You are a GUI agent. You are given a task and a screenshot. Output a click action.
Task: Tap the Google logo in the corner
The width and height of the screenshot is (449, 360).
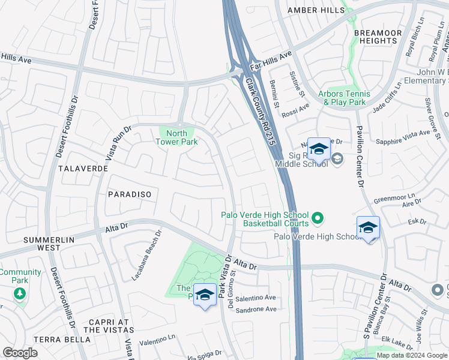pyautogui.click(x=20, y=353)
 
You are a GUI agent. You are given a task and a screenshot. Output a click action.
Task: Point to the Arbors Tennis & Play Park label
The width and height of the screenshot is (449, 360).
pyautogui.click(x=342, y=98)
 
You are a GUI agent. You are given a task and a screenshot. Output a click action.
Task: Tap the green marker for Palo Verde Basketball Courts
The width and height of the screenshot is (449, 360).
pyautogui.click(x=318, y=216)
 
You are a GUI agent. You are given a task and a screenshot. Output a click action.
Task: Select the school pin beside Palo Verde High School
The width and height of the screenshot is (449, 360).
pyautogui.click(x=368, y=227)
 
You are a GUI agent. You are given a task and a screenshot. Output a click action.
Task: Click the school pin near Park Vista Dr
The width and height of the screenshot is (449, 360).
pyautogui.click(x=205, y=295)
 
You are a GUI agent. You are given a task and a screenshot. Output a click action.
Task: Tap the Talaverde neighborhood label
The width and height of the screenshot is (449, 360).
pyautogui.click(x=83, y=169)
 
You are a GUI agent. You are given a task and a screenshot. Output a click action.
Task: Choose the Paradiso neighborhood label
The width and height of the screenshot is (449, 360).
pyautogui.click(x=129, y=194)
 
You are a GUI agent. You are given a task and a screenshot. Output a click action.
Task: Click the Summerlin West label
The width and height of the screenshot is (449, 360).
pyautogui.click(x=50, y=244)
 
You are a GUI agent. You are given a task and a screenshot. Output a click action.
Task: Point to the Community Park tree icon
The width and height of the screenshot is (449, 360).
pyautogui.click(x=20, y=293)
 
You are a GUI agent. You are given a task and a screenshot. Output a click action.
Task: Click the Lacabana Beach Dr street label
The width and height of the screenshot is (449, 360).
pyautogui.click(x=147, y=256)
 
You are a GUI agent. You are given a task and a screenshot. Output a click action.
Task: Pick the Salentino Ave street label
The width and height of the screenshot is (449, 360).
pyautogui.click(x=255, y=298)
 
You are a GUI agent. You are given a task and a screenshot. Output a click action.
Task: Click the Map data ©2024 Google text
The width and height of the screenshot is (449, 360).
pyautogui.click(x=411, y=355)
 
